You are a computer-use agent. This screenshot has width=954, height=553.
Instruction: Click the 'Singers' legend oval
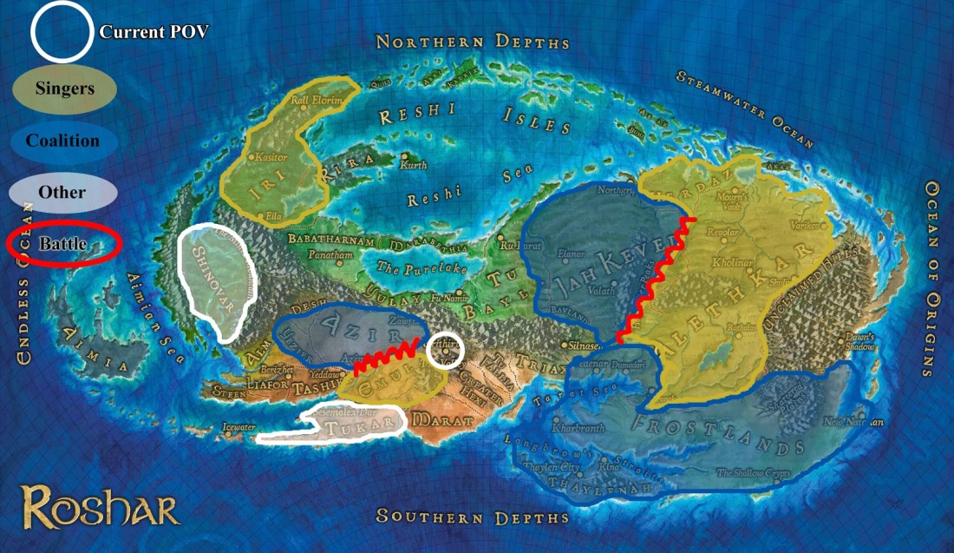coord(65,88)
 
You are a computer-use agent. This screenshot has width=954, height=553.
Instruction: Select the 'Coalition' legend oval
coord(62,141)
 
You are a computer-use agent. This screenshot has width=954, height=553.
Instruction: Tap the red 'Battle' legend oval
coord(62,244)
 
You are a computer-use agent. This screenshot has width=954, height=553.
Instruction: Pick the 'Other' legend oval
coord(62,191)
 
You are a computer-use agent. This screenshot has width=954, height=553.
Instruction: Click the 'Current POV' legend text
coord(154,32)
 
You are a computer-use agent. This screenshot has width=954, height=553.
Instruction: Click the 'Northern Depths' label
coord(473,42)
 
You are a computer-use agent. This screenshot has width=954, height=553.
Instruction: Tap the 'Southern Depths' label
coord(473,517)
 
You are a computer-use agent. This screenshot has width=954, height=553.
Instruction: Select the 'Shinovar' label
coord(209,269)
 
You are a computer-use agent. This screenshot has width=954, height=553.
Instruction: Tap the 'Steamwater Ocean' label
coord(746,108)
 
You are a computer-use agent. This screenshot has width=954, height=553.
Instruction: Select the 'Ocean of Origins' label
coord(933,278)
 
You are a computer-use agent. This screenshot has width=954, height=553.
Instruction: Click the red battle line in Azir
coord(390,354)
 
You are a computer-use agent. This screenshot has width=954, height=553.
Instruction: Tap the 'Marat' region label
coord(444,421)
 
